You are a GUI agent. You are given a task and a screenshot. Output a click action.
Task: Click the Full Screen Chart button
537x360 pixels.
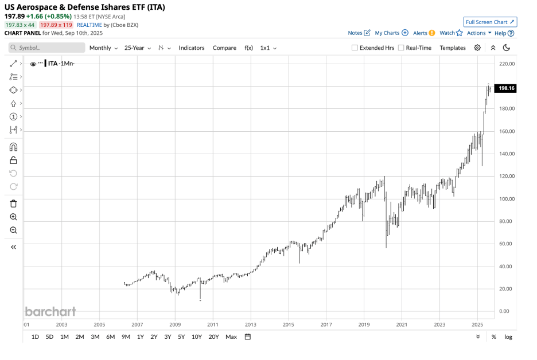pyautogui.click(x=491, y=22)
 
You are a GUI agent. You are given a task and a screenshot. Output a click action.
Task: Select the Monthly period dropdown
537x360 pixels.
pyautogui.click(x=103, y=48)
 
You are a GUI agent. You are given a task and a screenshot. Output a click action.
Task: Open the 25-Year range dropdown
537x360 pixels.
pyautogui.click(x=137, y=48)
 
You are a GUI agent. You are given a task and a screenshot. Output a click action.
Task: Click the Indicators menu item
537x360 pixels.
pyautogui.click(x=192, y=48)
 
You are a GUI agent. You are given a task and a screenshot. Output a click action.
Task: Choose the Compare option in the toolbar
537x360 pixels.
pyautogui.click(x=224, y=48)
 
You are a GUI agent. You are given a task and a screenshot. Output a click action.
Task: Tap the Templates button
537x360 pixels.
pyautogui.click(x=453, y=48)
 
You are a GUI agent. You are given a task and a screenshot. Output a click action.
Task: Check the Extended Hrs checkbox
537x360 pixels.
pyautogui.click(x=355, y=48)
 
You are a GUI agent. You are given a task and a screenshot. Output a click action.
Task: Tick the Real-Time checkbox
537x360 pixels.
pyautogui.click(x=401, y=48)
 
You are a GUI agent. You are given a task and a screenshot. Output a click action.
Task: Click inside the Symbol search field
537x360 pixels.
pyautogui.click(x=49, y=48)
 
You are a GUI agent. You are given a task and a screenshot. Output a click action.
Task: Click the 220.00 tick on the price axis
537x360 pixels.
pyautogui.click(x=507, y=64)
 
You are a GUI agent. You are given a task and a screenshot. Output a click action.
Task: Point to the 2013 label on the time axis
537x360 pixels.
pyautogui.click(x=251, y=324)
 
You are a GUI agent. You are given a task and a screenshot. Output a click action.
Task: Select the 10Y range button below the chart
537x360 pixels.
pyautogui.click(x=197, y=336)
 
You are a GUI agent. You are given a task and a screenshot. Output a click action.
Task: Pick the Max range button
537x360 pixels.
pyautogui.click(x=231, y=336)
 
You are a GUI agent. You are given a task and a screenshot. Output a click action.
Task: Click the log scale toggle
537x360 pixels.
pyautogui.click(x=508, y=336)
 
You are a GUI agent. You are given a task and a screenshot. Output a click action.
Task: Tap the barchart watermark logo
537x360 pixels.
pyautogui.click(x=50, y=312)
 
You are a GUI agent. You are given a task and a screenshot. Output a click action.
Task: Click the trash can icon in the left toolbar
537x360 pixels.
pyautogui.click(x=14, y=204)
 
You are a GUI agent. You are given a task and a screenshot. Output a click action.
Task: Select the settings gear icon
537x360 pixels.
pyautogui.click(x=477, y=48)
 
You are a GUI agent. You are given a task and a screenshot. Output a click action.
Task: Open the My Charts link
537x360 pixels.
pyautogui.click(x=391, y=33)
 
